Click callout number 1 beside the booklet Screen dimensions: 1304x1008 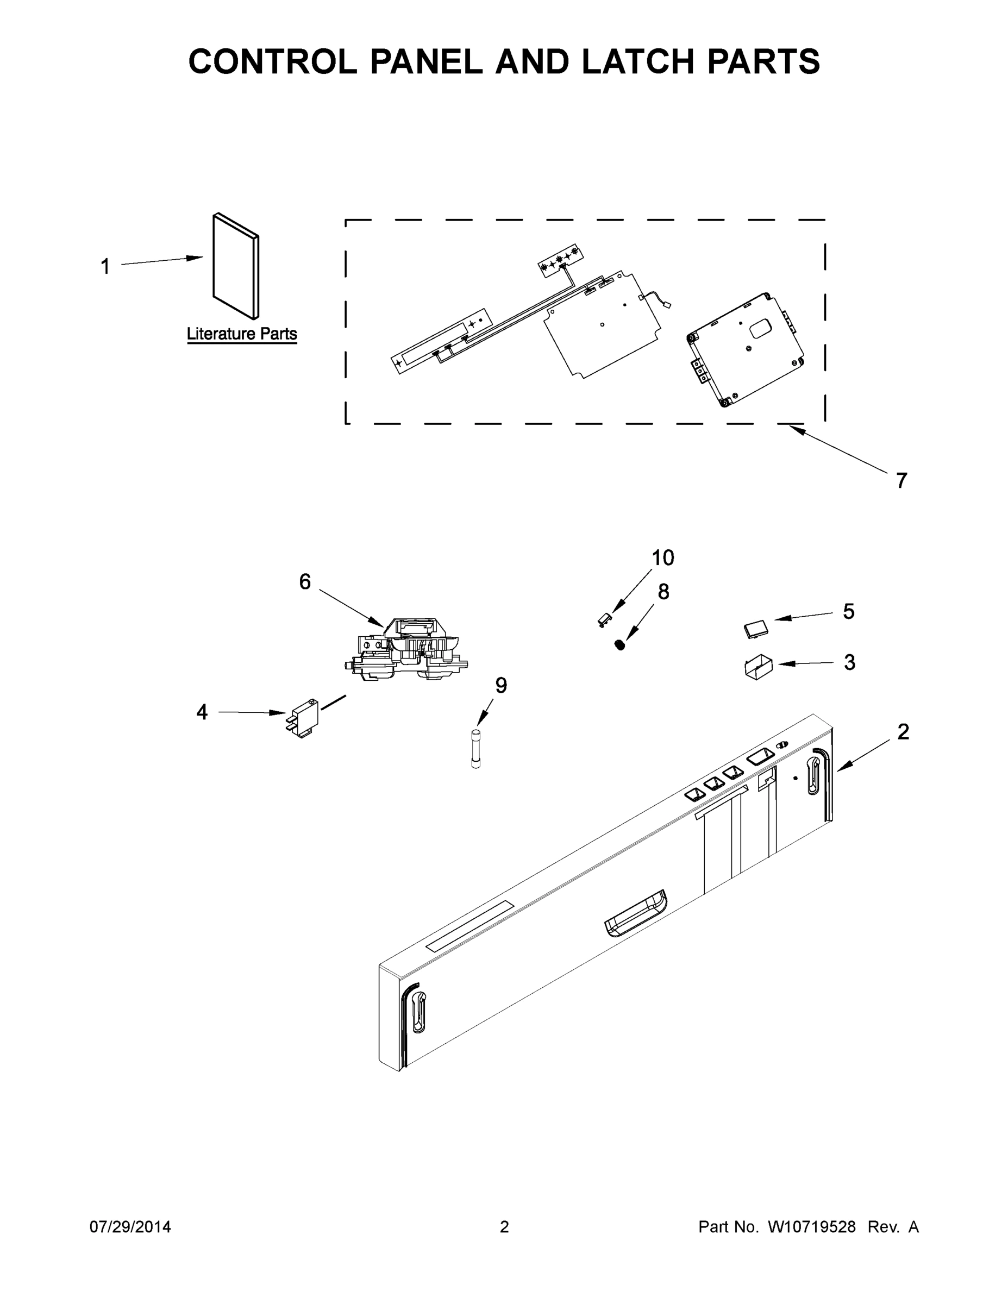click(x=105, y=266)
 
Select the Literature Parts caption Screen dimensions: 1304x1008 click(x=242, y=334)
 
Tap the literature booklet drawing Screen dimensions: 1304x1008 click(x=236, y=266)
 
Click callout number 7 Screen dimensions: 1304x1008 click(x=901, y=480)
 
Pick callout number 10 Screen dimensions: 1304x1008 click(x=662, y=557)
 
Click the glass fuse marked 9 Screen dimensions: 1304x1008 click(x=475, y=748)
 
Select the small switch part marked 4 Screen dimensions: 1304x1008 click(x=304, y=718)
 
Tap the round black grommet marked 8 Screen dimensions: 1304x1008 click(x=620, y=644)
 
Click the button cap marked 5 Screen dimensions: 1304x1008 click(x=756, y=629)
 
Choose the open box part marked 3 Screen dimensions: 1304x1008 click(x=758, y=668)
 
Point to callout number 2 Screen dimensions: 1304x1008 click(x=903, y=732)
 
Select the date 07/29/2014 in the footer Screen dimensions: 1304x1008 click(x=130, y=1226)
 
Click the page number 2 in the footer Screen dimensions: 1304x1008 click(x=504, y=1226)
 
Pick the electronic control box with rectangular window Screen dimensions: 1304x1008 click(x=745, y=349)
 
